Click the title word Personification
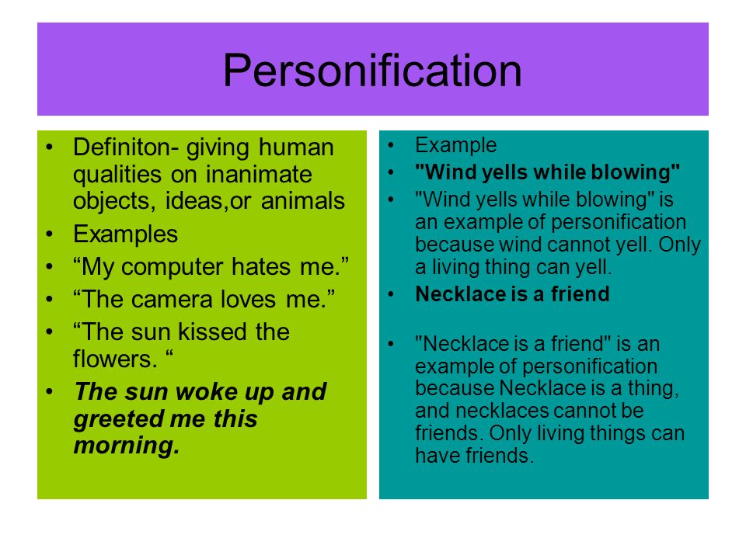click(x=372, y=71)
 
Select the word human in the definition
click(x=296, y=147)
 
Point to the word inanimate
click(x=259, y=174)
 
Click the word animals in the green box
click(x=302, y=200)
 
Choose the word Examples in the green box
click(x=126, y=234)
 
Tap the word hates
click(x=261, y=266)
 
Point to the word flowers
click(x=115, y=359)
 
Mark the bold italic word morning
click(x=127, y=446)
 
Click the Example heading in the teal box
click(x=456, y=145)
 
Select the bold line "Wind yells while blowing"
click(x=548, y=172)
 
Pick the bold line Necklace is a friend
click(x=512, y=293)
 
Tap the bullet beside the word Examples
click(x=50, y=234)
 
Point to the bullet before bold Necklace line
click(x=391, y=295)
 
